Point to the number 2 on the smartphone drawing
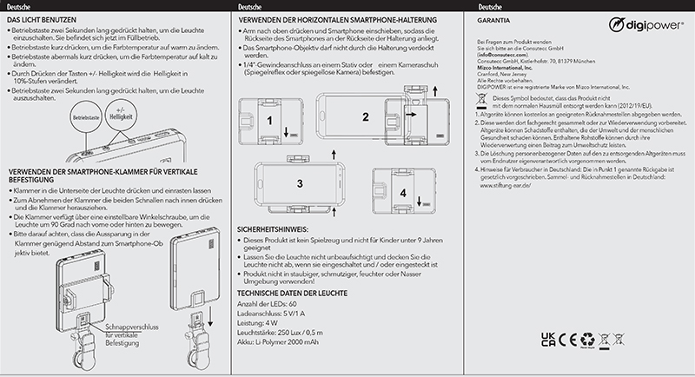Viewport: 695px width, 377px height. (366, 116)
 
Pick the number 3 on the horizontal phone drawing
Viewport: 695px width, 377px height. (299, 183)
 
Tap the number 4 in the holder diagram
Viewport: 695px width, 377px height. (402, 191)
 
